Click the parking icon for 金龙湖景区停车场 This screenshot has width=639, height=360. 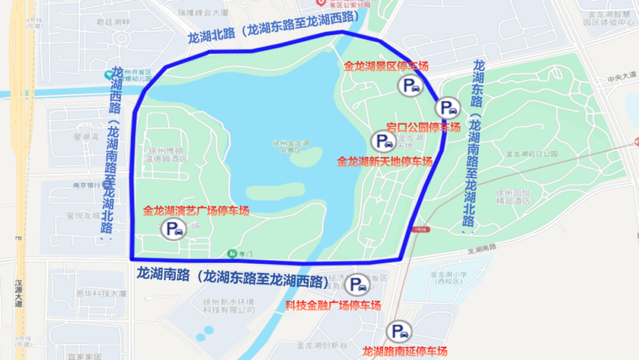(x=412, y=86)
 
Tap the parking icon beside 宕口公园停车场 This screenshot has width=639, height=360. (x=447, y=108)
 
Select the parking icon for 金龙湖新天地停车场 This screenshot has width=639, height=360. (x=382, y=141)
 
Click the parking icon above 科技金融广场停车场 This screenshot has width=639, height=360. (x=357, y=285)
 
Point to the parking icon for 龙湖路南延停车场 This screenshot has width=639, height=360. (x=398, y=332)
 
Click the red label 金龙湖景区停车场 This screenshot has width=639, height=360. (x=386, y=66)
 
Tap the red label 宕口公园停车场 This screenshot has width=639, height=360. (x=423, y=127)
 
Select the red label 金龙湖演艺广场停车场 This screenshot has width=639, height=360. (x=196, y=210)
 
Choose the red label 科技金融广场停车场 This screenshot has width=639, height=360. (x=333, y=306)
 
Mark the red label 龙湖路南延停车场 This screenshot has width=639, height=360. (x=405, y=351)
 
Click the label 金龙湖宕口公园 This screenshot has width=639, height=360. (x=532, y=153)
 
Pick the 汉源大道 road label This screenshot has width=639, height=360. (x=19, y=292)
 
